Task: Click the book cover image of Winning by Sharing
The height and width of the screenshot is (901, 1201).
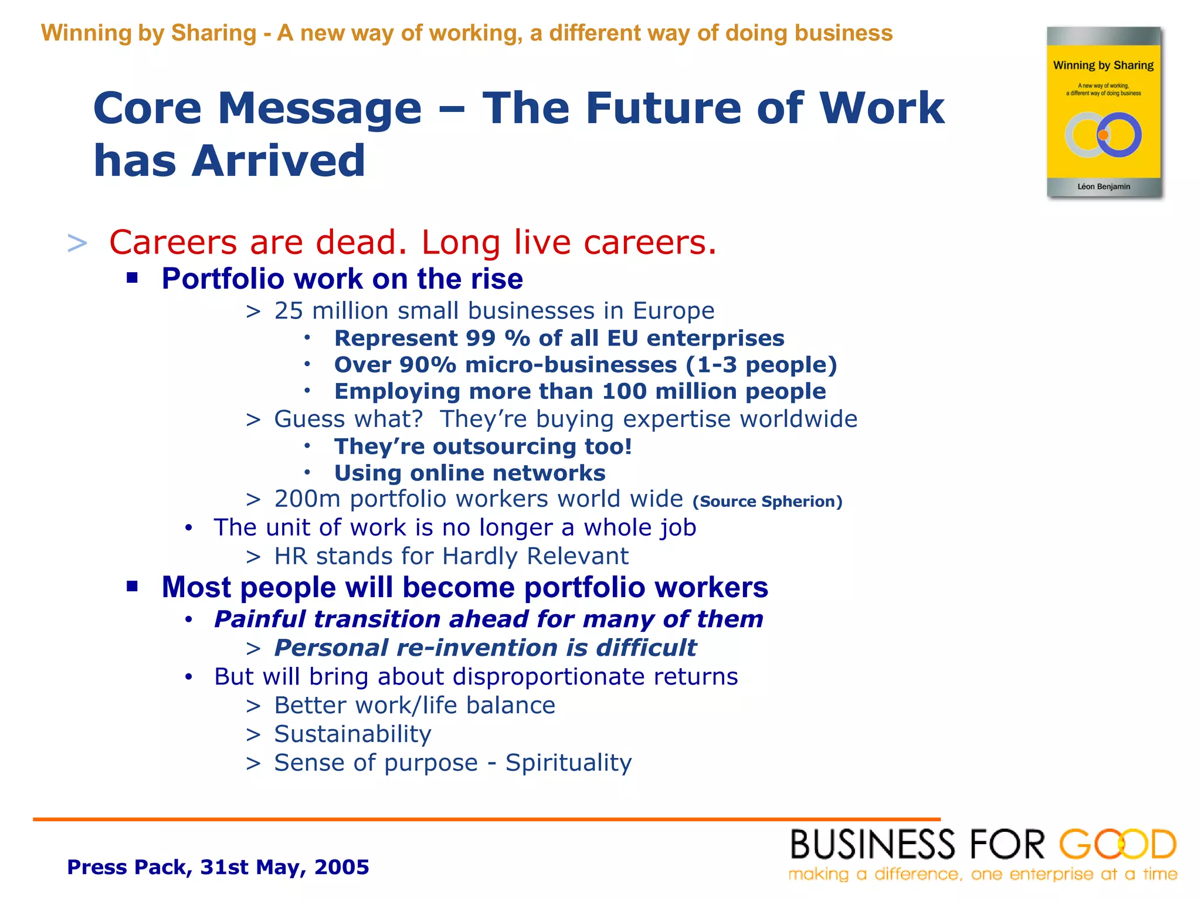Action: click(x=1104, y=111)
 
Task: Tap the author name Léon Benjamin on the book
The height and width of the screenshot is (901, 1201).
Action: click(x=1103, y=187)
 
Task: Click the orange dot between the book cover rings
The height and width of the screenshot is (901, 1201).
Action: click(x=1103, y=136)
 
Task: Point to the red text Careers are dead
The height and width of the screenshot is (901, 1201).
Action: click(x=258, y=242)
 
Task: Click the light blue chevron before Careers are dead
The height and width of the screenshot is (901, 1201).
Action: click(x=77, y=243)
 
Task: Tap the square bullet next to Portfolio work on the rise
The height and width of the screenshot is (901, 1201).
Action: click(x=132, y=277)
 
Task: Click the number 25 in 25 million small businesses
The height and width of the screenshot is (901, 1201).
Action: click(x=289, y=311)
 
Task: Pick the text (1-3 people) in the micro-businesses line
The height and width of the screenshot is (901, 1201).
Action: click(x=761, y=365)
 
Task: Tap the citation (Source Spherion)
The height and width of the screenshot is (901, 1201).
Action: click(x=767, y=502)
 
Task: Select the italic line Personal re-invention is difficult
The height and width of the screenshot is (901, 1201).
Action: click(x=484, y=648)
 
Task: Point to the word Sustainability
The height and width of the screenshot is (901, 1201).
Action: click(x=352, y=734)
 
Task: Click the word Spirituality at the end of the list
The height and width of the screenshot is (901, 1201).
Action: click(x=568, y=763)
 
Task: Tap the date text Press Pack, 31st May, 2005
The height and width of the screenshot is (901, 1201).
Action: click(x=218, y=867)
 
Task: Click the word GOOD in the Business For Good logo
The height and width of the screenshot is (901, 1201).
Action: click(x=1117, y=845)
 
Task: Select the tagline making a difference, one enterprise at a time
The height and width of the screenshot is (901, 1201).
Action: click(x=982, y=875)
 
